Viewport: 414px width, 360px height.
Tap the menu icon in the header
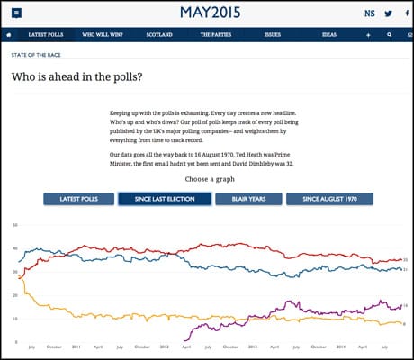click(x=17, y=13)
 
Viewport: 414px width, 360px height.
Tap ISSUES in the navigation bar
click(x=297, y=35)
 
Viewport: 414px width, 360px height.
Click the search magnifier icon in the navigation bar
click(x=388, y=35)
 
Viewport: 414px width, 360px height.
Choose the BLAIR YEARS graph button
click(x=248, y=199)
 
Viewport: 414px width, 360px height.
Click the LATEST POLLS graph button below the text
click(x=77, y=199)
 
